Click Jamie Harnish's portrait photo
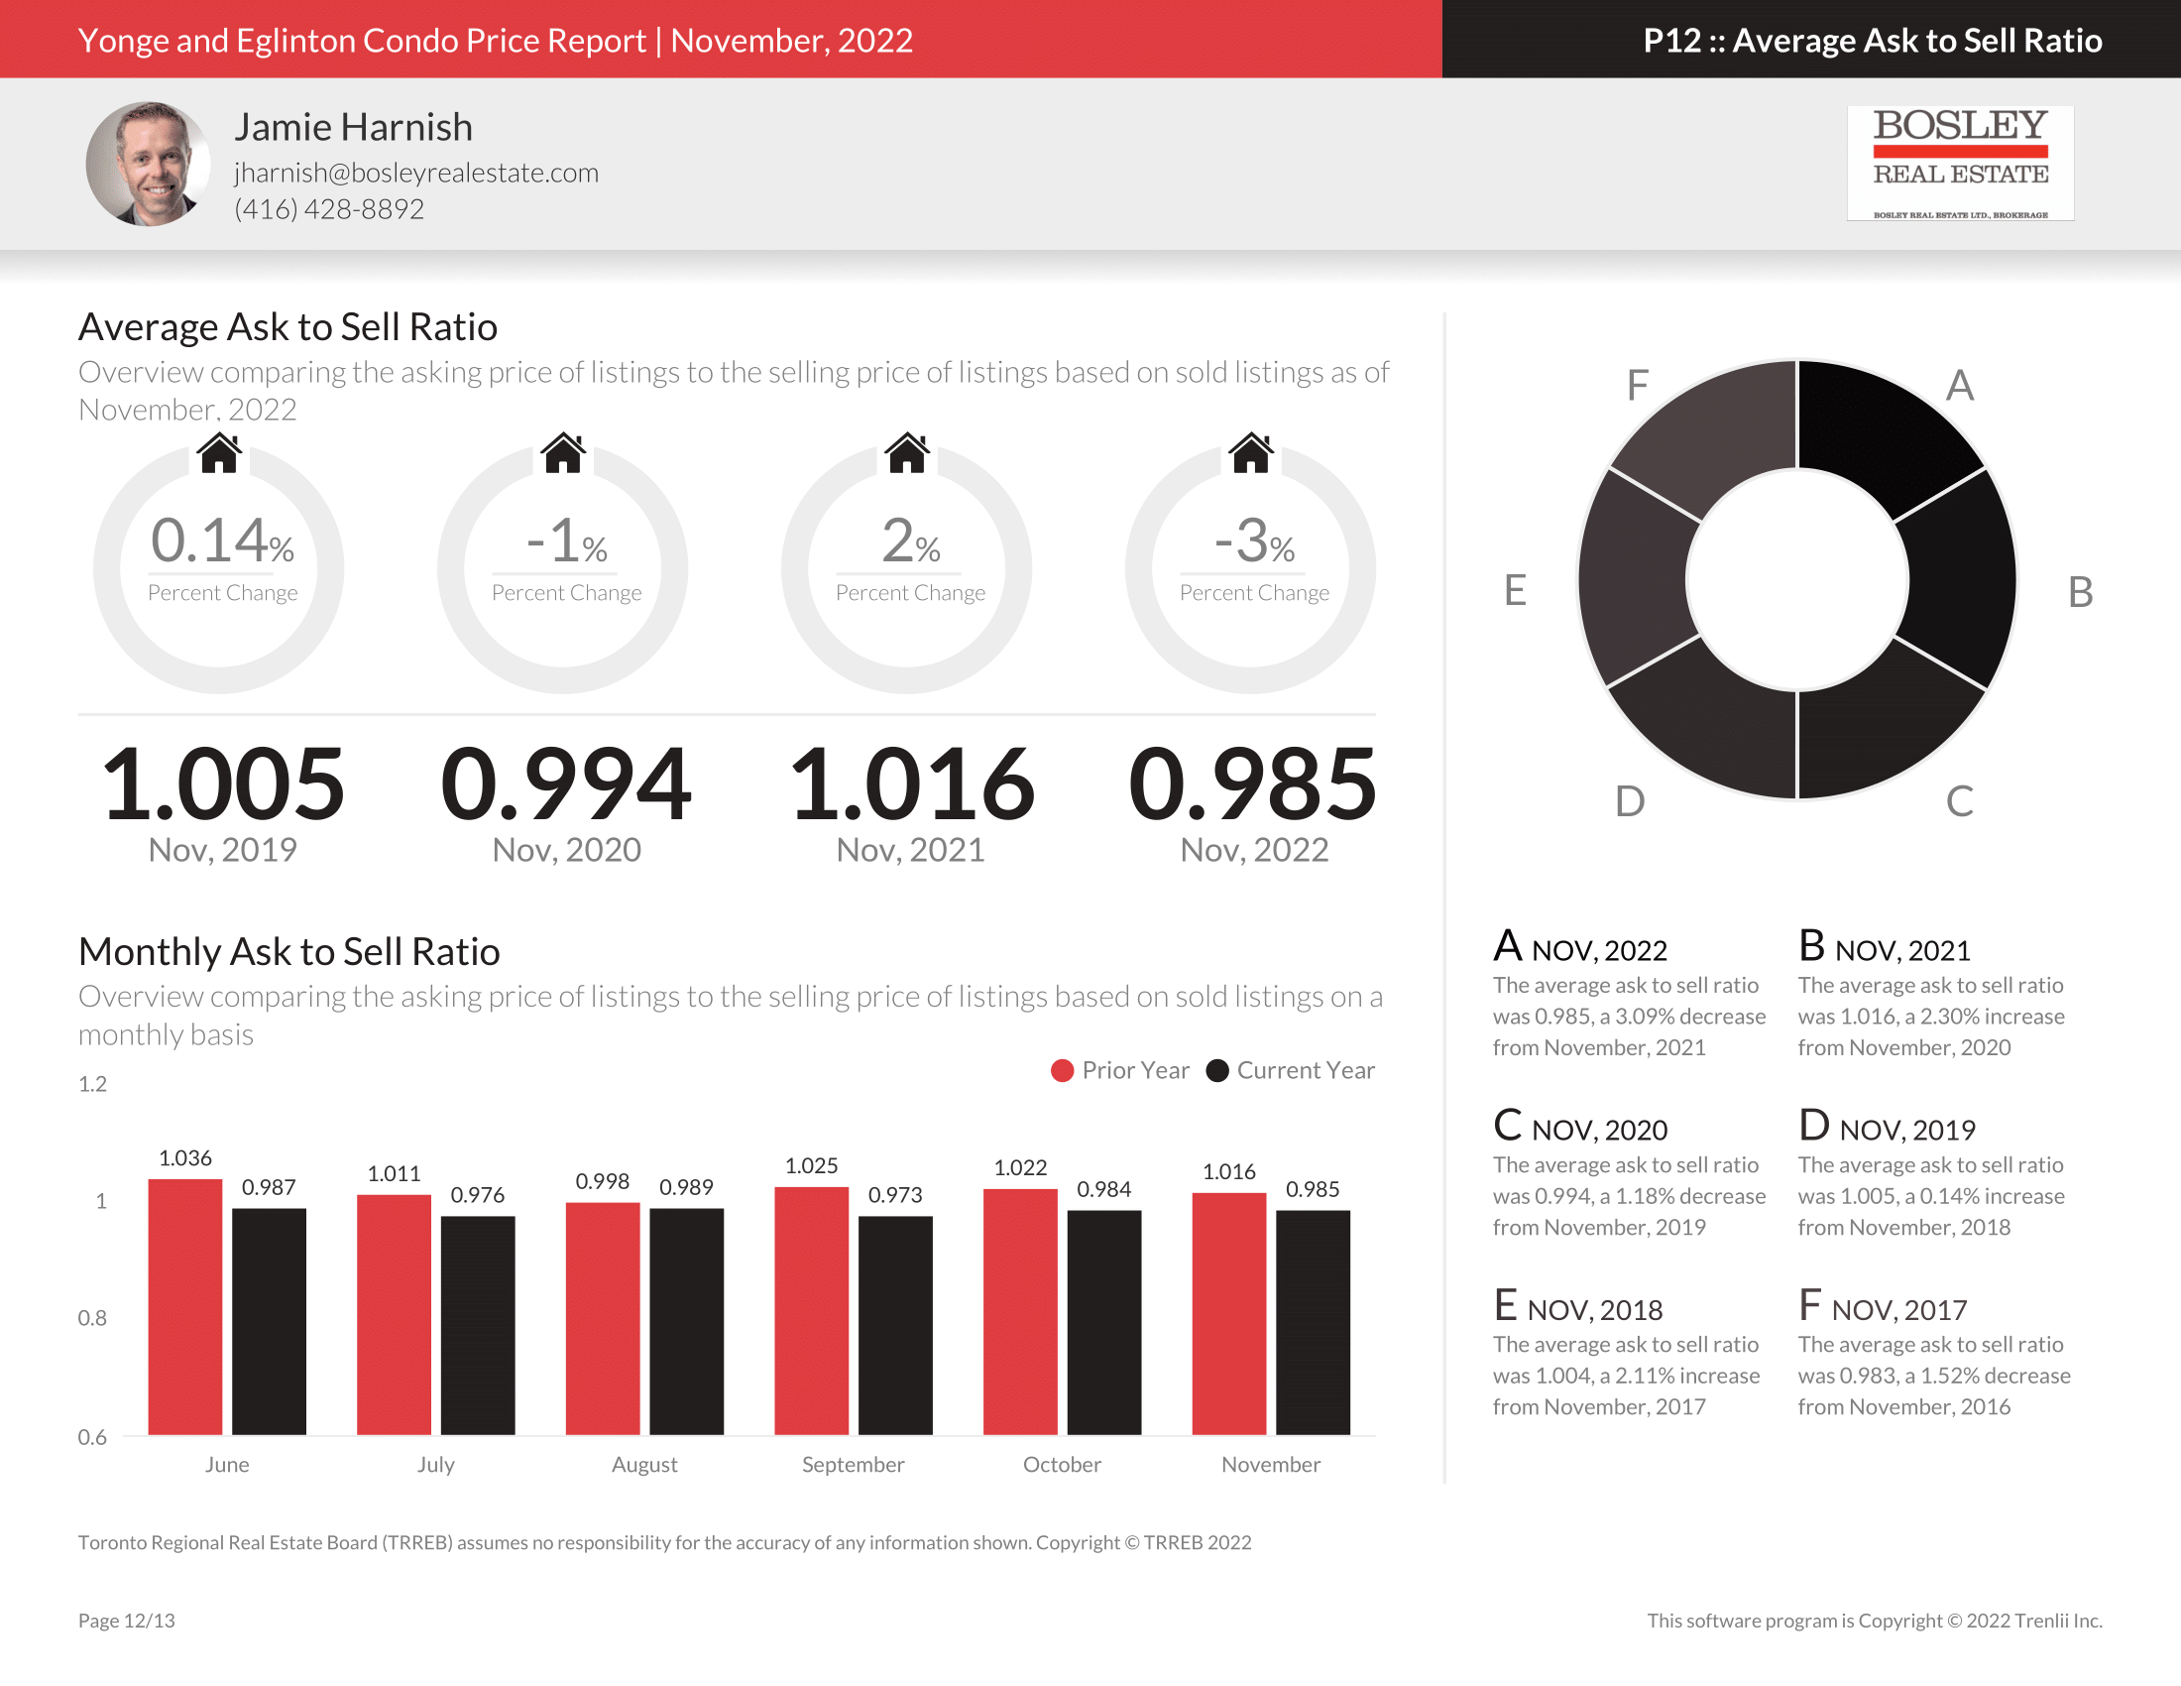pyautogui.click(x=148, y=164)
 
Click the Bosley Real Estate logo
pyautogui.click(x=1959, y=163)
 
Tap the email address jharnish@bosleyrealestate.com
pyautogui.click(x=416, y=173)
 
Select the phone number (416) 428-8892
pyautogui.click(x=328, y=208)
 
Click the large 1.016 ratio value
pyautogui.click(x=911, y=785)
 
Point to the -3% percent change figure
pyautogui.click(x=1254, y=542)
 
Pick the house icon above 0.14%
pyautogui.click(x=219, y=453)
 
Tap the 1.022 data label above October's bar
pyautogui.click(x=1019, y=1167)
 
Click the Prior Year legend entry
pyautogui.click(x=1120, y=1071)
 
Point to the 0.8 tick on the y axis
pyautogui.click(x=92, y=1318)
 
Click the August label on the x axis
pyautogui.click(x=644, y=1464)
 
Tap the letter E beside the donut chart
pyautogui.click(x=1515, y=590)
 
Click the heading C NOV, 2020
pyautogui.click(x=1580, y=1128)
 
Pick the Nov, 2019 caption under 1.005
pyautogui.click(x=222, y=850)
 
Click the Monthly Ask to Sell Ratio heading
pyautogui.click(x=288, y=952)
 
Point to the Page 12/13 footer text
pyautogui.click(x=127, y=1621)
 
